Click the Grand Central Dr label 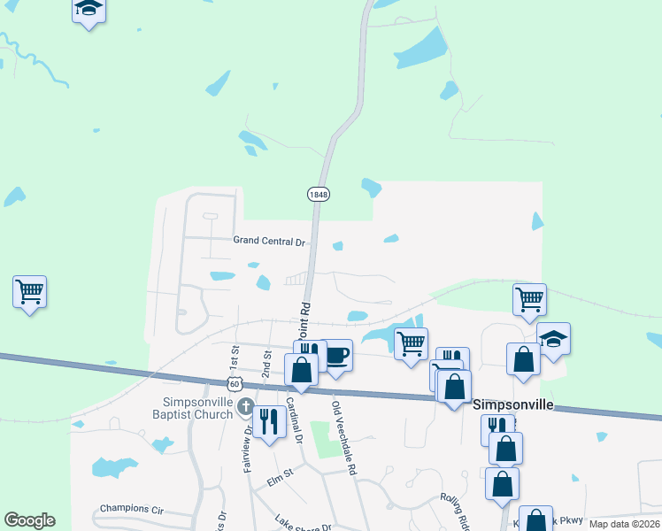(x=268, y=241)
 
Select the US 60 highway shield (x=234, y=384)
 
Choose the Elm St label (x=281, y=482)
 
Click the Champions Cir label (x=133, y=509)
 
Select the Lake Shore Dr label (x=303, y=523)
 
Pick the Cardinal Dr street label (x=294, y=424)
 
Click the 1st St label (x=235, y=358)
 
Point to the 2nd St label (x=266, y=363)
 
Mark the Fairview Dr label (x=248, y=449)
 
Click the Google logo (x=29, y=520)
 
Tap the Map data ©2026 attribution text (x=625, y=524)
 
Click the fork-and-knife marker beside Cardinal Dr (x=267, y=420)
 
